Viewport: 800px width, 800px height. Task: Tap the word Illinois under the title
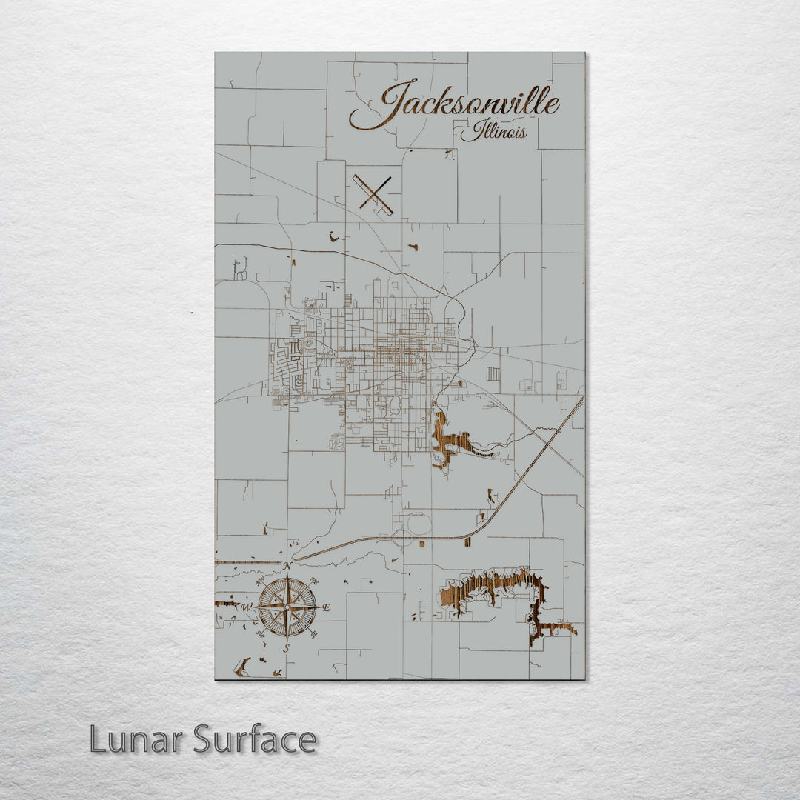coord(495,133)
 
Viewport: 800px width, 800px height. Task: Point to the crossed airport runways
coord(374,194)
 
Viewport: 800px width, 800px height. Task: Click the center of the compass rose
coord(287,607)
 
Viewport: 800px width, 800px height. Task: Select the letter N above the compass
coord(287,567)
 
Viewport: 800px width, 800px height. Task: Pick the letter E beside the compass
coord(326,608)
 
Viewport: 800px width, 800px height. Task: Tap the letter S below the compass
coord(287,648)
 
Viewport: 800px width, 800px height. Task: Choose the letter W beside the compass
coord(247,608)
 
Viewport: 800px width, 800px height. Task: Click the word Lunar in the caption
coord(138,739)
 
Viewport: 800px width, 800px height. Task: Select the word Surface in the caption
coord(256,739)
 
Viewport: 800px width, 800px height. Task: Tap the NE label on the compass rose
coord(314,581)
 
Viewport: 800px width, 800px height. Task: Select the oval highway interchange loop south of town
coord(419,524)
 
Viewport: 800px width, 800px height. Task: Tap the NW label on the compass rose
coord(260,581)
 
